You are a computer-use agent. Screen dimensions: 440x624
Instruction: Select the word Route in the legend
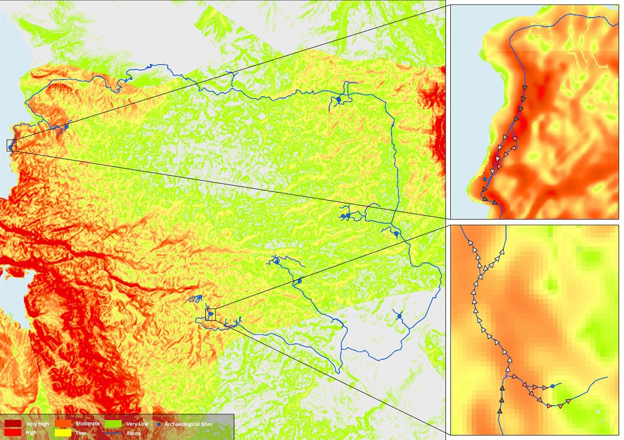point(133,432)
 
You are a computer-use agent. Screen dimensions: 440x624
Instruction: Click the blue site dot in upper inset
point(485,179)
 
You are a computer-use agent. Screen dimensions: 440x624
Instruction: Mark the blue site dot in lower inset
point(552,386)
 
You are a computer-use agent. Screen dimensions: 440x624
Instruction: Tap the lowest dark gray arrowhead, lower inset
point(500,411)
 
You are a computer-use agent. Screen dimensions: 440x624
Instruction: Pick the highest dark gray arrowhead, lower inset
point(502,388)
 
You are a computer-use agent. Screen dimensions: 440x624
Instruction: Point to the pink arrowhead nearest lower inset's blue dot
point(544,387)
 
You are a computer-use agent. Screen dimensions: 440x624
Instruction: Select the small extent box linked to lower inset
point(211,314)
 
